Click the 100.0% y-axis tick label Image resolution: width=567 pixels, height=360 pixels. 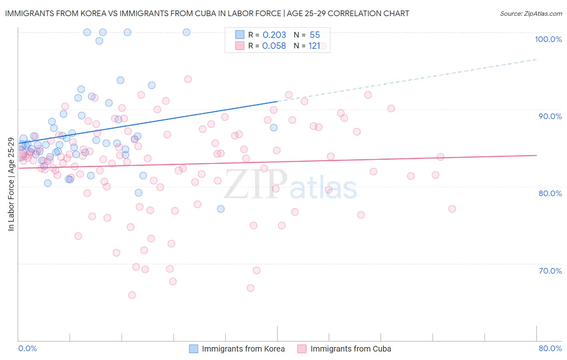coord(548,39)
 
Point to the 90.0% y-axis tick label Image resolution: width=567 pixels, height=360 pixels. coord(550,116)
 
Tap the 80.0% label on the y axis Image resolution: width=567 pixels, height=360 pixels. coord(550,193)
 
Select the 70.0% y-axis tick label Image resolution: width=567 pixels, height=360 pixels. coord(550,271)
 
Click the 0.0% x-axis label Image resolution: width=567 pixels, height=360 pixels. coord(27,348)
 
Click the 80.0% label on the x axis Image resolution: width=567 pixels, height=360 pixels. coord(550,348)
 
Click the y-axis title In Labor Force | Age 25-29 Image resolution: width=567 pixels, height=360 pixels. coord(11,184)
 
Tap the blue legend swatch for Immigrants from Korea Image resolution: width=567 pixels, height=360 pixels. coord(194,349)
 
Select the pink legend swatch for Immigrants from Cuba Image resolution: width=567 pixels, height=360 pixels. coord(302,349)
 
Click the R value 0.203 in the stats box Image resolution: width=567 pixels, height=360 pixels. coord(274,35)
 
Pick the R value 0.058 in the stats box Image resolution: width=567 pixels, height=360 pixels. coord(274,46)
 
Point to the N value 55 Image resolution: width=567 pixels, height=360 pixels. coord(315,35)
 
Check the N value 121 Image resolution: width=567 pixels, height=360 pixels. coord(314,46)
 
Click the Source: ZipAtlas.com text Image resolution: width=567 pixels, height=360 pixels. coord(531,14)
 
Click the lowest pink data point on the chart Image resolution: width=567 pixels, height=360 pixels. coord(132,295)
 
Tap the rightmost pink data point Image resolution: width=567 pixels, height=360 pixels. coord(452,209)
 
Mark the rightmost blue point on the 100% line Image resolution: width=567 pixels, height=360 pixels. coord(186,32)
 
